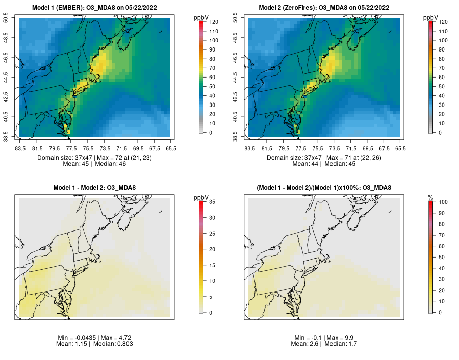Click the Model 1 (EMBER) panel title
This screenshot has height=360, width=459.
[94, 8]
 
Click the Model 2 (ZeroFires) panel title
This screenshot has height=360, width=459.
[324, 8]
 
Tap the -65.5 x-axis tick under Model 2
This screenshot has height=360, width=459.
[400, 148]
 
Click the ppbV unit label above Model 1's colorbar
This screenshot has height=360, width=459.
[201, 18]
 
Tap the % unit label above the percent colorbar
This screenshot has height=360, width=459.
[430, 197]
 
